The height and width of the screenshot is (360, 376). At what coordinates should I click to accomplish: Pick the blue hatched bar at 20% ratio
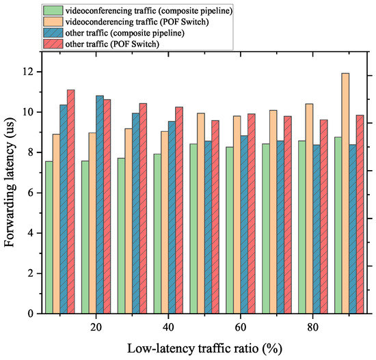tap(100, 204)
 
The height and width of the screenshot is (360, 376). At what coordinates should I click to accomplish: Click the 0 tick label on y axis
tap(30, 314)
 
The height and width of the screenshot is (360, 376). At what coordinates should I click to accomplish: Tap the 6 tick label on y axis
tap(30, 193)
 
